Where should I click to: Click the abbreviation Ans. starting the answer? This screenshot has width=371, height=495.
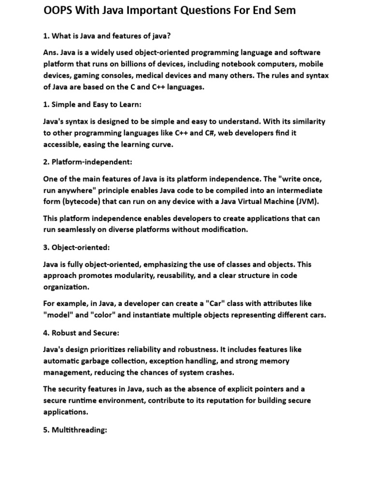click(51, 52)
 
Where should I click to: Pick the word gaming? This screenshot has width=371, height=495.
click(84, 75)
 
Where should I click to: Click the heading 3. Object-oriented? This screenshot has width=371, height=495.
click(76, 247)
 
